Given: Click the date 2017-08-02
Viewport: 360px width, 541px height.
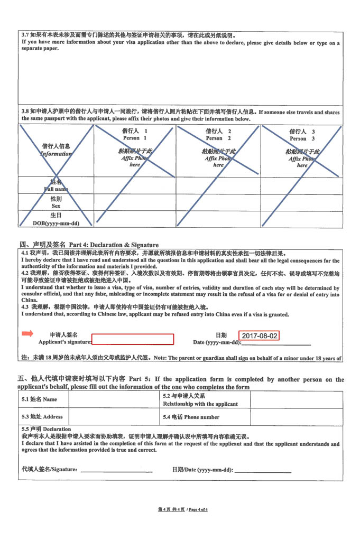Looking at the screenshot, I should coord(259,335).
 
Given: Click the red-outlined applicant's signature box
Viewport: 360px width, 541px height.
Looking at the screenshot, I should coord(133,339).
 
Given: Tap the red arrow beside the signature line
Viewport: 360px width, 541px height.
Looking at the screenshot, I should coord(27,333).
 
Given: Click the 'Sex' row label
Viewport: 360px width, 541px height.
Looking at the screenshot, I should coord(56,206).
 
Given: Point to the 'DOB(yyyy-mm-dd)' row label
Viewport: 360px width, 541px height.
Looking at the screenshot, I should coord(56,223).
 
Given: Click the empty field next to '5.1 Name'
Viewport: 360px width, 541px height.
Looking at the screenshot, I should coord(113,399).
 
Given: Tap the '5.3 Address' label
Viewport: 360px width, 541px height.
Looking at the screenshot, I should coord(42,417).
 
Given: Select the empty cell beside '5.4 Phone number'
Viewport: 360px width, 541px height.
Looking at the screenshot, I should coord(296,417).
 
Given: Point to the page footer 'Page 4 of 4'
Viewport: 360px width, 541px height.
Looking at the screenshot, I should coord(198,509).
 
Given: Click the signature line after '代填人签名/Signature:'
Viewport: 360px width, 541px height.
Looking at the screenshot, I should coord(116,470).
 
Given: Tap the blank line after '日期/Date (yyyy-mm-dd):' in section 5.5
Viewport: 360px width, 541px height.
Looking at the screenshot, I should coord(263,470).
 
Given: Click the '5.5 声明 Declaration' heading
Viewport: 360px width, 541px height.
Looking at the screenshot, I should coord(46,429).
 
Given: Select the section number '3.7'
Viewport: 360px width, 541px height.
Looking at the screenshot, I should coord(25,35).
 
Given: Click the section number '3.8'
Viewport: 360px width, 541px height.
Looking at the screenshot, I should coord(25,112).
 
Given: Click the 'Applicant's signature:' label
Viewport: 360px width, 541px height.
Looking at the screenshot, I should coord(65,342).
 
